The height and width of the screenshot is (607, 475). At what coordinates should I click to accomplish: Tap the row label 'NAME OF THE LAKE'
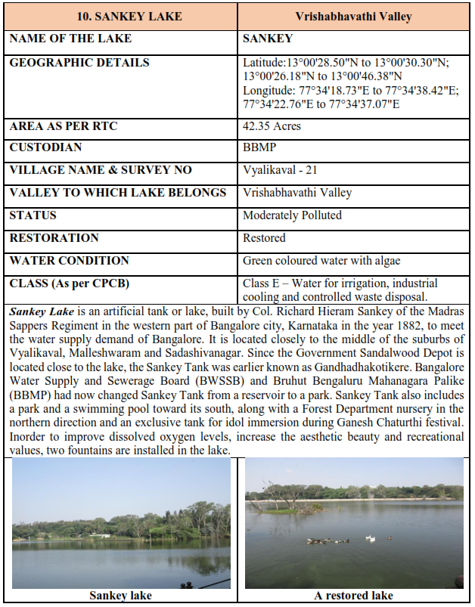[x=70, y=39]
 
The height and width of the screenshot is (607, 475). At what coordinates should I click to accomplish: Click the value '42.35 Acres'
[x=272, y=126]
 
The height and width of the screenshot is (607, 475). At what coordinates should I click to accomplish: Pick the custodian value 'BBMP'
[x=260, y=147]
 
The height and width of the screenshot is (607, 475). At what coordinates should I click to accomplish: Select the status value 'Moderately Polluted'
[x=292, y=215]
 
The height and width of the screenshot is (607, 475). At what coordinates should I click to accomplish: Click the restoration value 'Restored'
[x=264, y=238]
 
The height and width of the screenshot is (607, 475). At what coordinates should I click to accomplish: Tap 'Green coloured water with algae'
[x=322, y=261]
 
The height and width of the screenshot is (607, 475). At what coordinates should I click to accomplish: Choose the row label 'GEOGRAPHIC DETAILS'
[x=79, y=63]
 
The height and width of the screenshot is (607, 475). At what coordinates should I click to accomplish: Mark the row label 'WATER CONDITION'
[x=69, y=261]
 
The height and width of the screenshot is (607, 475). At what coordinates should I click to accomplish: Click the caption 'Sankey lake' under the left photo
[x=120, y=596]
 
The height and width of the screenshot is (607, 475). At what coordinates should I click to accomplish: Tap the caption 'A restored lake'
[x=353, y=596]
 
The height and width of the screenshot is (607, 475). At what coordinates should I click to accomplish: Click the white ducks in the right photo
[x=370, y=538]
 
